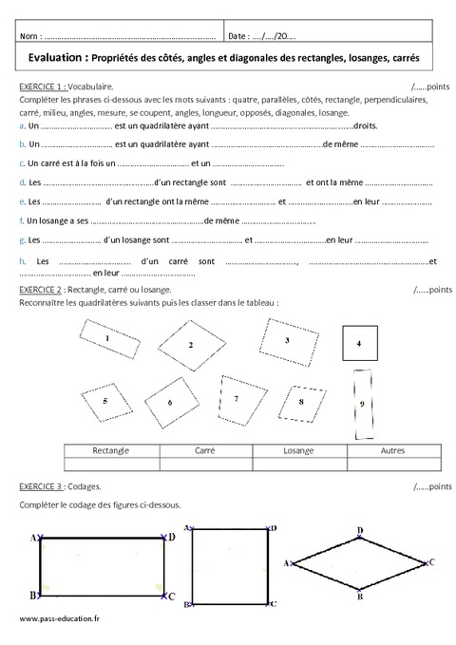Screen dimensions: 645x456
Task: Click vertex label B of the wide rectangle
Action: click(x=33, y=596)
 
